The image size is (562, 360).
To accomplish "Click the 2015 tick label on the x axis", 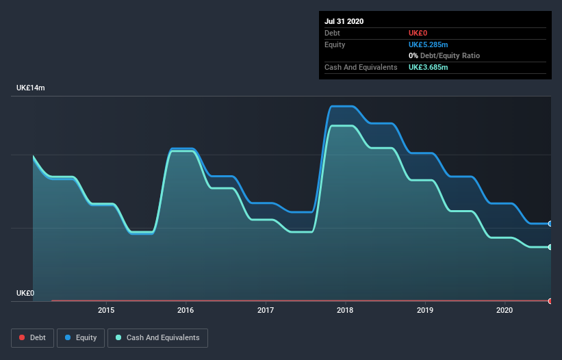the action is click(106, 310).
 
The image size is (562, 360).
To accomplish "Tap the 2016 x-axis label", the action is click(186, 310).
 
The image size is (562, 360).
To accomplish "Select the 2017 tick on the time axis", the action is click(266, 310).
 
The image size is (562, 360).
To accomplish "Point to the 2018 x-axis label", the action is click(345, 310).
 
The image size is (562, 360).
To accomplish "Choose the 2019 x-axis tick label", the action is click(425, 310).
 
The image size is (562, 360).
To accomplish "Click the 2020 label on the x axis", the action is click(504, 310).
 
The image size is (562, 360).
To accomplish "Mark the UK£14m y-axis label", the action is click(31, 88).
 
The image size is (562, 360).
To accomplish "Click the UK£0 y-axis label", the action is click(25, 293).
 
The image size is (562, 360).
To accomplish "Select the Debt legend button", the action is click(33, 338).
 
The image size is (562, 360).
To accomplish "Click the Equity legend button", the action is click(81, 338).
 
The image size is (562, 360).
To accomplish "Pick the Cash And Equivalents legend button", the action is click(157, 338).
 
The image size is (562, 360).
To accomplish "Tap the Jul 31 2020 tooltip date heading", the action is click(344, 21).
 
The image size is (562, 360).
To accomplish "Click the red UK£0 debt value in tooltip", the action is click(418, 33).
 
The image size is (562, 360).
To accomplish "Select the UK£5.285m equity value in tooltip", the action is click(429, 44).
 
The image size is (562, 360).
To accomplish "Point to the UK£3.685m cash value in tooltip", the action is click(429, 67).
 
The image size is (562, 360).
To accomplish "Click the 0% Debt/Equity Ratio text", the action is click(444, 56).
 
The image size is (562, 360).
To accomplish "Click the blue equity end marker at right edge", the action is click(550, 224).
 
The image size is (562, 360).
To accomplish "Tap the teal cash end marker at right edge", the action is click(550, 247).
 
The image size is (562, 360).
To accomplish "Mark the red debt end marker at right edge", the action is click(550, 301).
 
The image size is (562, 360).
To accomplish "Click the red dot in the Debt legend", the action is click(22, 337).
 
